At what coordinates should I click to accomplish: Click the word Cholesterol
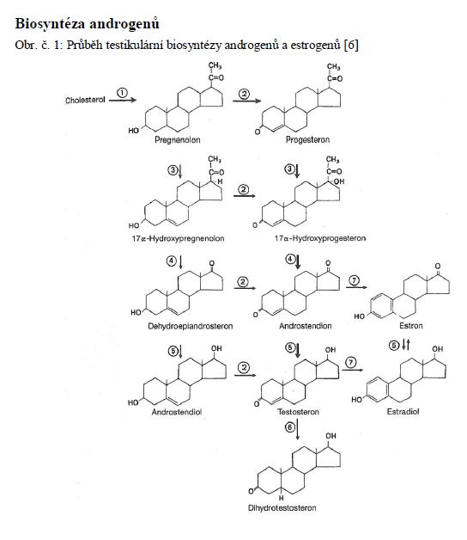point(85,100)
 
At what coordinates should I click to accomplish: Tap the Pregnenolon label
point(178,140)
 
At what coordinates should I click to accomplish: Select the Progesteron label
point(308,139)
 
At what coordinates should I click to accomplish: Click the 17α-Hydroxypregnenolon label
point(179,238)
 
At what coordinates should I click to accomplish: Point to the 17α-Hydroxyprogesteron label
point(320,238)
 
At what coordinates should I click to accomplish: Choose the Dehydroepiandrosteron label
point(191,326)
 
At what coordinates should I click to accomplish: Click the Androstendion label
point(306,326)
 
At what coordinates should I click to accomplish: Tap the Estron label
point(411,325)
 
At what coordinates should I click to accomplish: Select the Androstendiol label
point(177,412)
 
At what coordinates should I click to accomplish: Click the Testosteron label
point(298,412)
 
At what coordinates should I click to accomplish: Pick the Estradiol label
point(403,412)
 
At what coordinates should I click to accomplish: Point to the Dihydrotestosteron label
point(282,508)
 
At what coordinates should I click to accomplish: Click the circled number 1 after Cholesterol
point(122,93)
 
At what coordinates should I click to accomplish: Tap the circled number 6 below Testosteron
point(290,427)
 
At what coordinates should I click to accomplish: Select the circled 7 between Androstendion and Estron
point(354,281)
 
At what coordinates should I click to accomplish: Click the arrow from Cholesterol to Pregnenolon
point(123,101)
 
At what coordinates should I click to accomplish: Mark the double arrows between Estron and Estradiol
point(406,345)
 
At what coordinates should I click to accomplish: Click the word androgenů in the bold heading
point(124,24)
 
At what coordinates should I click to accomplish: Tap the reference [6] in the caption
point(351,45)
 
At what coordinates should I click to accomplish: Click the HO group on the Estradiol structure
point(356,400)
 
